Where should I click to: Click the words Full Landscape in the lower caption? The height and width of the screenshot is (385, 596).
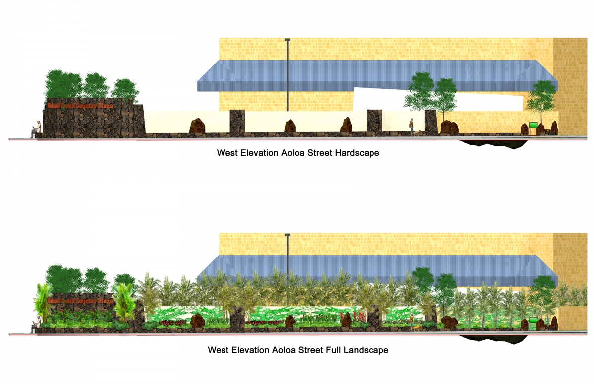coord(357,350)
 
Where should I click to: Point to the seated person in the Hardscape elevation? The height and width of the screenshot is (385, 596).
coord(35,130)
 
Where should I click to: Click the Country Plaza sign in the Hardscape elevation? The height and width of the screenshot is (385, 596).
coord(79,106)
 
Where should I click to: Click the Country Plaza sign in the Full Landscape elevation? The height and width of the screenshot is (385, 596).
coord(79,301)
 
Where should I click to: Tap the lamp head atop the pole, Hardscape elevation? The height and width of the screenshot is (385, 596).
coord(287,40)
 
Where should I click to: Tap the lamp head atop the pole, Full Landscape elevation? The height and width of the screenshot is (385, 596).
coord(287,235)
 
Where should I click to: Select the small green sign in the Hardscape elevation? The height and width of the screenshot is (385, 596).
coord(533,125)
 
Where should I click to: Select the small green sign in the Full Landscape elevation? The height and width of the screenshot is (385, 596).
coord(533,320)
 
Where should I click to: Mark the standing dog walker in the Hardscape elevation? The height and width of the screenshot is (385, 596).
coord(411,126)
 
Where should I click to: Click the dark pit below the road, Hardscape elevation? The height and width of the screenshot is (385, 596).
coord(494,144)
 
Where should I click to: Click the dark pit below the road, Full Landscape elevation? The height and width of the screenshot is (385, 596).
coord(494,339)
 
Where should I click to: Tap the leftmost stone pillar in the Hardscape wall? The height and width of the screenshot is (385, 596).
coord(237,122)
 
